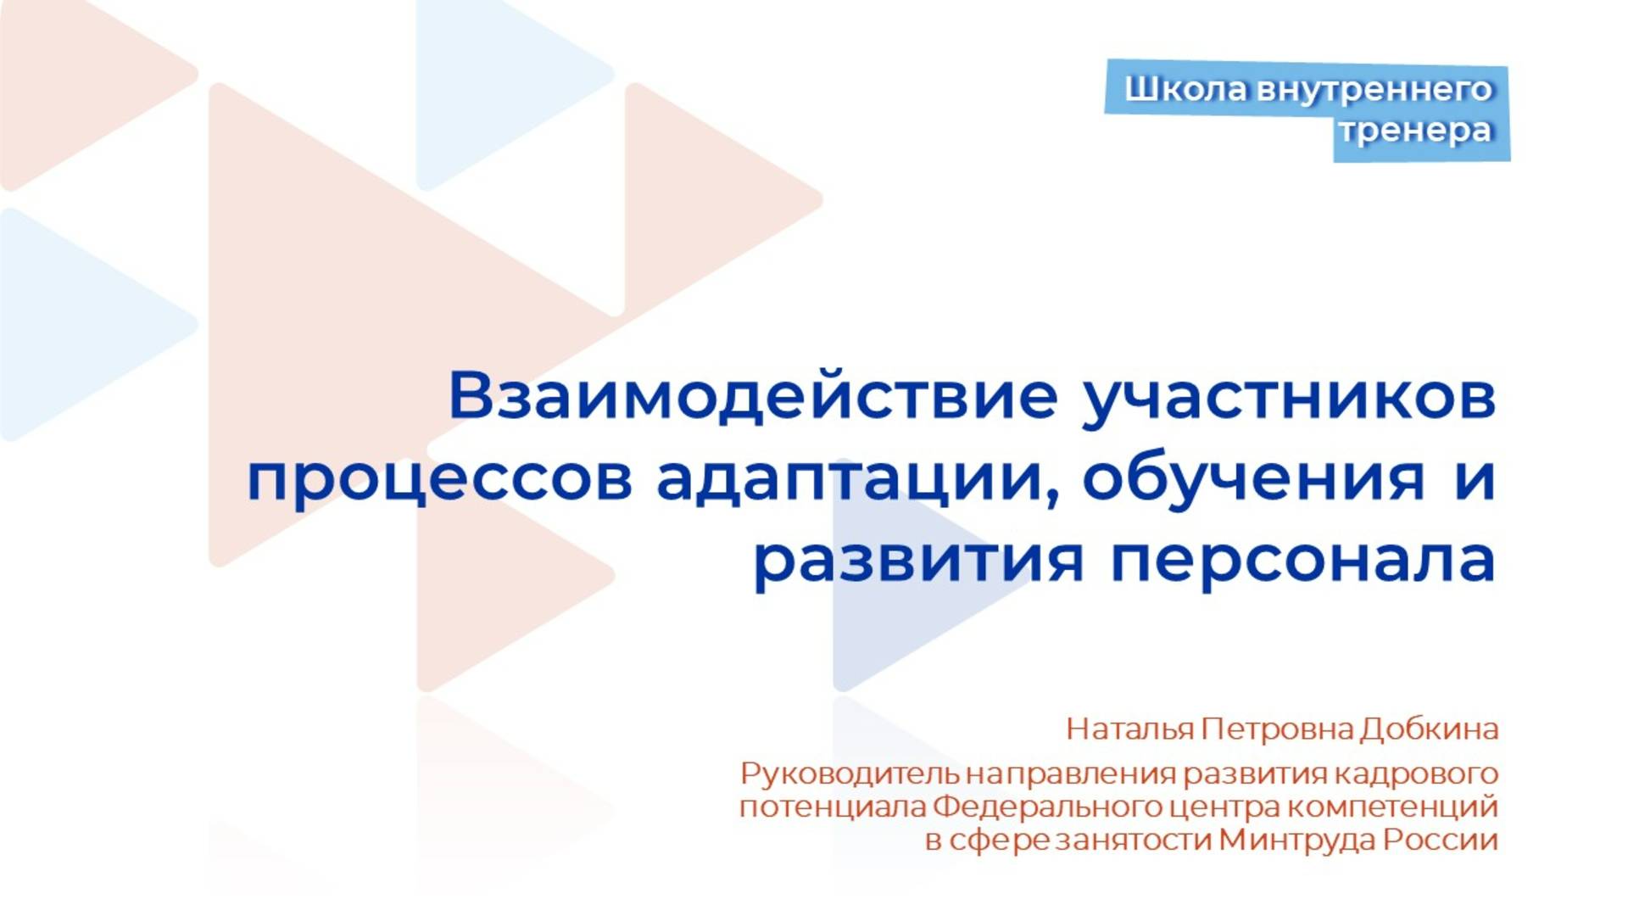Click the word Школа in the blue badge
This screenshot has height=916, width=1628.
tap(1185, 89)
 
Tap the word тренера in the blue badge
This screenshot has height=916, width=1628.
tap(1415, 131)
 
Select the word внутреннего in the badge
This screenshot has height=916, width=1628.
tap(1374, 89)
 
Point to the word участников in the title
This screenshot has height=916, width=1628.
tap(1289, 396)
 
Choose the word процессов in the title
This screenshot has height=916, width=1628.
tap(439, 478)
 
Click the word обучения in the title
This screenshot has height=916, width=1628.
tap(1253, 478)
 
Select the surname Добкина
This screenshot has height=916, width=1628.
tap(1430, 729)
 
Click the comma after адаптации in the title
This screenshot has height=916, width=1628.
tap(1054, 499)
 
